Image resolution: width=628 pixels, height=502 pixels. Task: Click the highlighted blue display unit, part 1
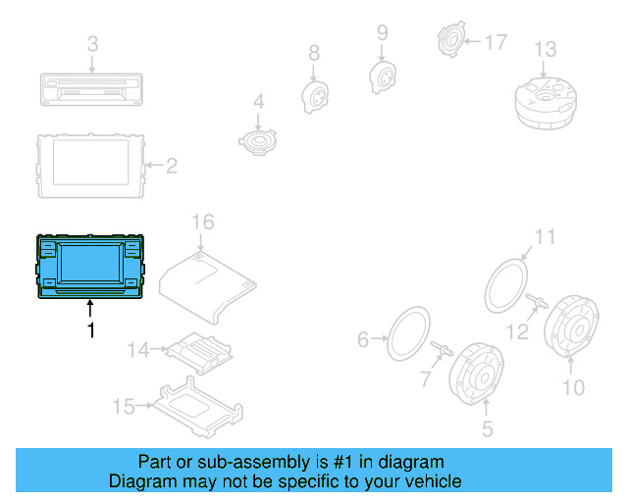click(89, 266)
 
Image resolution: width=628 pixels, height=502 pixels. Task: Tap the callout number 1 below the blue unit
click(91, 330)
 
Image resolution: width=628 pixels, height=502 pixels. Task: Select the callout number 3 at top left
click(92, 44)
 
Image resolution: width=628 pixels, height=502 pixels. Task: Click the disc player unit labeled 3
click(89, 89)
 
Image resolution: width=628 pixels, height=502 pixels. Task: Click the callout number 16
click(201, 223)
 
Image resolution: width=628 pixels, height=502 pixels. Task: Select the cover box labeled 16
click(209, 284)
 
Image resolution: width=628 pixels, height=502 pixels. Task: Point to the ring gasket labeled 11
click(508, 285)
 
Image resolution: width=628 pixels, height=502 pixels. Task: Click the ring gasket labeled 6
click(408, 334)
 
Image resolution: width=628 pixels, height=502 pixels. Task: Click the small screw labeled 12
click(537, 301)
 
